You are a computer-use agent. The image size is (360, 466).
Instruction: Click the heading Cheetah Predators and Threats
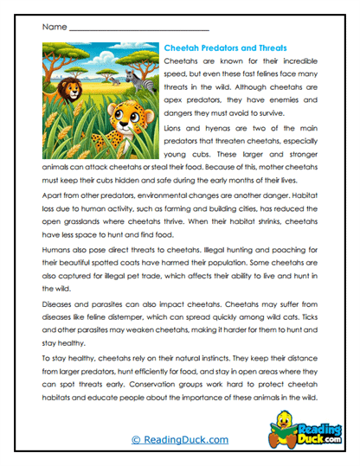tap(225, 48)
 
